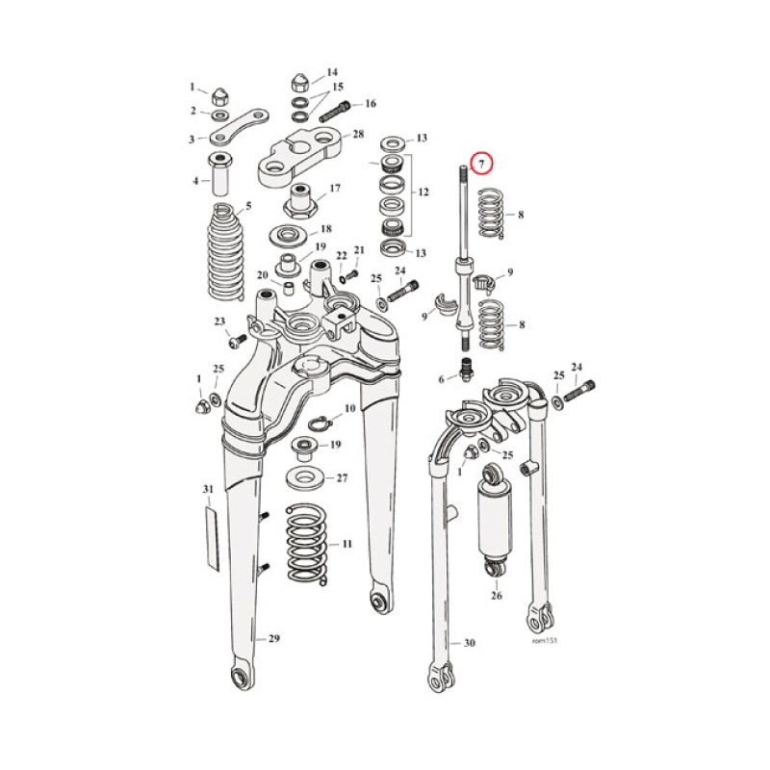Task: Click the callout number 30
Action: [469, 643]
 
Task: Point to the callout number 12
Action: [422, 192]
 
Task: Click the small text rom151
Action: [544, 639]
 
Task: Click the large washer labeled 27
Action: [308, 477]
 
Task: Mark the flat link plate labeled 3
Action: [237, 126]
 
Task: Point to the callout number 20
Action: [263, 275]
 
